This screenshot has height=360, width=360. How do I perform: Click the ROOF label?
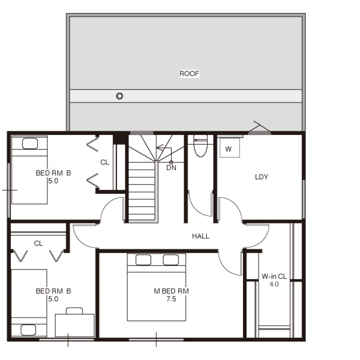tap(189, 73)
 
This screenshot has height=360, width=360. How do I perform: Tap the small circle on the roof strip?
tap(119, 95)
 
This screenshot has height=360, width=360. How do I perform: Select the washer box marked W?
tap(229, 148)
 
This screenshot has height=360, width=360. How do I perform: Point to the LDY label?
tap(261, 177)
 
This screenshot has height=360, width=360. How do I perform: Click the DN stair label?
tap(171, 168)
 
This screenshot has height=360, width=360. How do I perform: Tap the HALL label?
tap(200, 236)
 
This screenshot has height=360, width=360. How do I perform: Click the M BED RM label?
tap(171, 291)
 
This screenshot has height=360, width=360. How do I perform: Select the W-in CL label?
tap(274, 276)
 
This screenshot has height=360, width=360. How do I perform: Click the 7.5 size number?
tap(171, 299)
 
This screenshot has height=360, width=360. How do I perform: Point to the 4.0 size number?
tap(274, 284)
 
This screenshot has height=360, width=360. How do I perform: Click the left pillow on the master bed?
tap(143, 260)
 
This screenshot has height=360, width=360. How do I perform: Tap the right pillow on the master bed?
tap(171, 260)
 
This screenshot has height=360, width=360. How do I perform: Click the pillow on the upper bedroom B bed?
tap(30, 143)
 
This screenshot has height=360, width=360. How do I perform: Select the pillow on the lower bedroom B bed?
tap(28, 330)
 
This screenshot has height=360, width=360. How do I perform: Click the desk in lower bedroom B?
tap(74, 325)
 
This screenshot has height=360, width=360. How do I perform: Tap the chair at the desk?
tap(74, 311)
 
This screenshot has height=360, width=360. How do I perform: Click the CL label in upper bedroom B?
tap(104, 162)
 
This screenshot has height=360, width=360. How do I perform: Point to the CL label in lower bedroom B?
tap(38, 243)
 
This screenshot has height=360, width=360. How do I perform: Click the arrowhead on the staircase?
tap(159, 147)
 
